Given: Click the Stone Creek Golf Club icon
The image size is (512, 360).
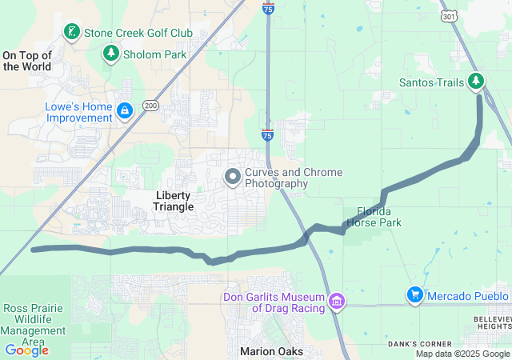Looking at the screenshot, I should (x=72, y=32).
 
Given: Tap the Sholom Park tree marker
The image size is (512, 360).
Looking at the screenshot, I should (x=110, y=54).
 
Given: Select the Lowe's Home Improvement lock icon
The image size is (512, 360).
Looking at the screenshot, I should (x=124, y=110).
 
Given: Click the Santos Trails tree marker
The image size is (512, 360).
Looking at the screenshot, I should (x=477, y=81).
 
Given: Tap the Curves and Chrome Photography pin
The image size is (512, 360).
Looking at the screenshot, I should (x=233, y=177).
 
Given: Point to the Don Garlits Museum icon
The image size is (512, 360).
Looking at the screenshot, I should (x=337, y=301).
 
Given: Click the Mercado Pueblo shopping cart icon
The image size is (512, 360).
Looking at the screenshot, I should (x=414, y=295).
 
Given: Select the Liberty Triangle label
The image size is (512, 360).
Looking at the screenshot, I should (x=174, y=201).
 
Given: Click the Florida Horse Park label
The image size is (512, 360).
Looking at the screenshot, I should (x=374, y=218).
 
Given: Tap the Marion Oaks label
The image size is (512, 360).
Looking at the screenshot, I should (x=271, y=351).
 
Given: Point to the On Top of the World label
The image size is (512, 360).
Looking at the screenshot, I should (x=27, y=61).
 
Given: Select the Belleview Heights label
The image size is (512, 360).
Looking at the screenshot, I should (x=493, y=322).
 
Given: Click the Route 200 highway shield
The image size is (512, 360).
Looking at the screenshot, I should (x=150, y=105).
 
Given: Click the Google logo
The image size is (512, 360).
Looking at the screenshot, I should (x=26, y=350).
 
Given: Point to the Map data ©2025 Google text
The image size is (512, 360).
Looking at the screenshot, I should (x=462, y=354).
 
